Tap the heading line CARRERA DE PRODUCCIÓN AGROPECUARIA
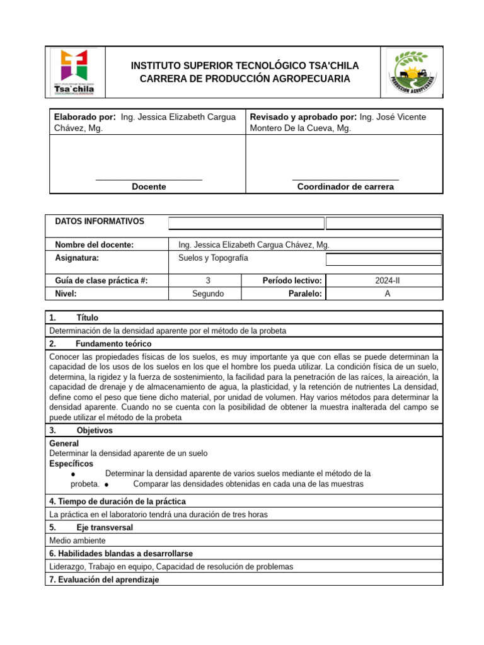pyautogui.click(x=245, y=79)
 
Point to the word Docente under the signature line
pyautogui.click(x=149, y=186)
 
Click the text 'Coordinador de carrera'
pyautogui.click(x=345, y=186)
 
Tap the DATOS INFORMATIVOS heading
pyautogui.click(x=100, y=222)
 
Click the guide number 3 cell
pyautogui.click(x=208, y=281)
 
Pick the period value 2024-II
pyautogui.click(x=387, y=281)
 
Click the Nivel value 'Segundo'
pyautogui.click(x=207, y=294)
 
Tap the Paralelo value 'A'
pyautogui.click(x=387, y=294)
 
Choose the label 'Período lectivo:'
pyautogui.click(x=292, y=281)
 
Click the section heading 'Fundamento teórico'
pyautogui.click(x=113, y=344)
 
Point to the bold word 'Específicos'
pyautogui.click(x=70, y=464)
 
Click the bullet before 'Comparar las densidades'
pyautogui.click(x=108, y=484)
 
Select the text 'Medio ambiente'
pyautogui.click(x=78, y=540)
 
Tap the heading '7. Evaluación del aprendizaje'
pyautogui.click(x=104, y=579)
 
